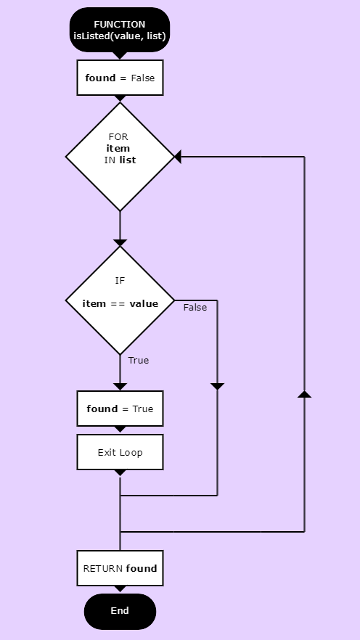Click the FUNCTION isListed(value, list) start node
pos(120,30)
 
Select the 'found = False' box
pos(120,78)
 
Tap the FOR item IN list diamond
pos(120,157)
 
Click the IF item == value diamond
pos(120,300)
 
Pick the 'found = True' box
pos(120,409)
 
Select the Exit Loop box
pos(120,452)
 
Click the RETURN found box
pos(120,568)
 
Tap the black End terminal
pos(120,611)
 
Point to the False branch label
pos(195,308)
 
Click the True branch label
pos(139,361)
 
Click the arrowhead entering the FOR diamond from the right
pos(178,157)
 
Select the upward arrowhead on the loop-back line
pos(305,394)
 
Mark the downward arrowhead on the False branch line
pos(217,387)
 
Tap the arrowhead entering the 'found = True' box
pos(120,387)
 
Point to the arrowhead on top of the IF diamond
pos(120,243)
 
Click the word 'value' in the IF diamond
pos(144,303)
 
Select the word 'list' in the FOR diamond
pos(128,160)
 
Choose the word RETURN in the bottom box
pos(103,569)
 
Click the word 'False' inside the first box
pos(143,78)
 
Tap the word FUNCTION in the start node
pos(120,25)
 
